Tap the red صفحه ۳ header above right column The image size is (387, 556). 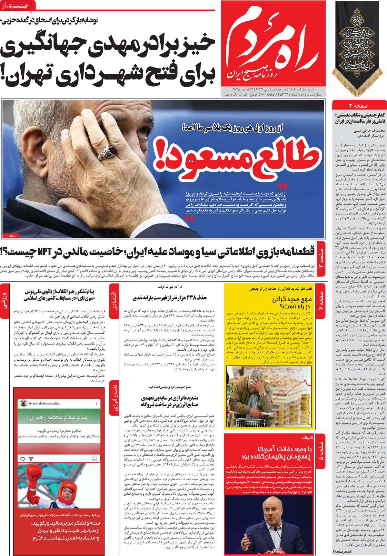click(359, 106)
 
